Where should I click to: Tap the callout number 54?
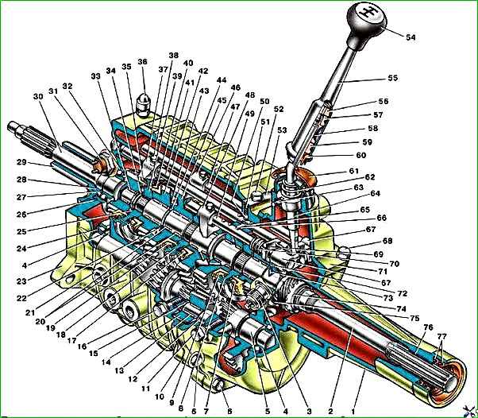click(x=411, y=37)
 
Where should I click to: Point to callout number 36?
click(x=143, y=62)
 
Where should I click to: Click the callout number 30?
click(x=37, y=96)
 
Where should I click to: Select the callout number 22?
click(x=30, y=296)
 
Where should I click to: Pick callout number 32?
click(x=67, y=86)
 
